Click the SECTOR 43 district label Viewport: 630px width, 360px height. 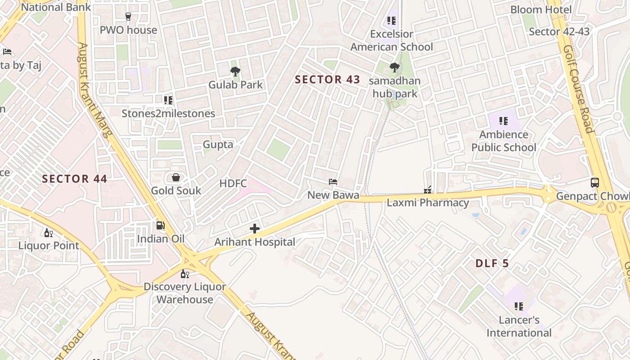[x=327, y=80]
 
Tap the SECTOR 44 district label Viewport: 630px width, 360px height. [x=74, y=179]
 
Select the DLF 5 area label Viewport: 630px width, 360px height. [x=492, y=263]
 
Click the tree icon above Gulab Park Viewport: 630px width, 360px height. [x=235, y=71]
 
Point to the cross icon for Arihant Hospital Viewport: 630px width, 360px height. [x=255, y=229]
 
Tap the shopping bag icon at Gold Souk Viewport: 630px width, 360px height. [x=176, y=177]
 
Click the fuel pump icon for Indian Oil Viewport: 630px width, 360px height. [x=160, y=225]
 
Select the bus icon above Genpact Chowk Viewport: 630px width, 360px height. [x=595, y=183]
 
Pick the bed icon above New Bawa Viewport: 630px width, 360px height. [x=333, y=182]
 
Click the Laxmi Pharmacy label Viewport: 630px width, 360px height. [x=427, y=203]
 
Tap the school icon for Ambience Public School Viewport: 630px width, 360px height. [x=503, y=121]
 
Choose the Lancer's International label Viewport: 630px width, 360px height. [x=519, y=327]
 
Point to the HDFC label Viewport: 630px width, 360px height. [x=233, y=183]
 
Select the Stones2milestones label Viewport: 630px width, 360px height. [x=168, y=113]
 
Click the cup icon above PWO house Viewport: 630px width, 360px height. [x=128, y=17]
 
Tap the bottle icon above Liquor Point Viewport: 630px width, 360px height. [x=48, y=233]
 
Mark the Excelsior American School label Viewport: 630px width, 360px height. [x=391, y=40]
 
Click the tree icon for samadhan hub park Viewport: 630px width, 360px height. [x=395, y=67]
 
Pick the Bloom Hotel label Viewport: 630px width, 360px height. [x=547, y=10]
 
